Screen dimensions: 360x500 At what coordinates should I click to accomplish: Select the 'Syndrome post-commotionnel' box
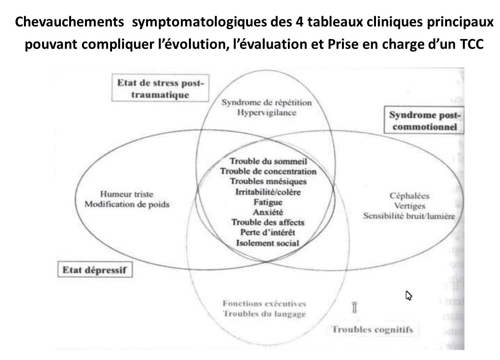pos(424,121)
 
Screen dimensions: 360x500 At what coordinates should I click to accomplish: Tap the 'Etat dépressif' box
pos(94,270)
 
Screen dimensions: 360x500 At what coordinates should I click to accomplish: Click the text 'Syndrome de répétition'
pos(266,103)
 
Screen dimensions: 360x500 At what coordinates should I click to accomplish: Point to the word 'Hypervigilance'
pos(267,113)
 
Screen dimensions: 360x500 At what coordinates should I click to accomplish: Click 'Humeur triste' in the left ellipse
pos(127,194)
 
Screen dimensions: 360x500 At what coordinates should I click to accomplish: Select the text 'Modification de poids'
pos(127,204)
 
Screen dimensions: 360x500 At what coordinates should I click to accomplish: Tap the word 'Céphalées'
pos(409,196)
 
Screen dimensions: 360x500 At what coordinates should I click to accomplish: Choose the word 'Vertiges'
pos(410,206)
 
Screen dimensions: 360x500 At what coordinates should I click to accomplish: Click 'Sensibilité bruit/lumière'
pos(409,216)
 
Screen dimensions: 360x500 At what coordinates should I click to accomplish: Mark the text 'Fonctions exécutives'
pos(264,304)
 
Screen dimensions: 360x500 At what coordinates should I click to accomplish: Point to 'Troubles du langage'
pos(264,314)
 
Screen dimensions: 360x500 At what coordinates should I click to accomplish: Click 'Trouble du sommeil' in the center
pos(268,161)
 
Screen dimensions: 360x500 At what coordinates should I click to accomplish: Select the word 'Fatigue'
pos(268,202)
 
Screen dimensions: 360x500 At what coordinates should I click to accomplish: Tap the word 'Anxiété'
pos(268,212)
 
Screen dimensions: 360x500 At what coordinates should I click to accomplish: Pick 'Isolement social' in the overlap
pos(268,243)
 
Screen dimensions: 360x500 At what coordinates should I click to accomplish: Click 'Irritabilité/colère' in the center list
pos(268,192)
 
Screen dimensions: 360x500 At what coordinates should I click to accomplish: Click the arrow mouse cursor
pos(408,295)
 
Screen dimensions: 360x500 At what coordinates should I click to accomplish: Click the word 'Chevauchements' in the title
pos(70,22)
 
